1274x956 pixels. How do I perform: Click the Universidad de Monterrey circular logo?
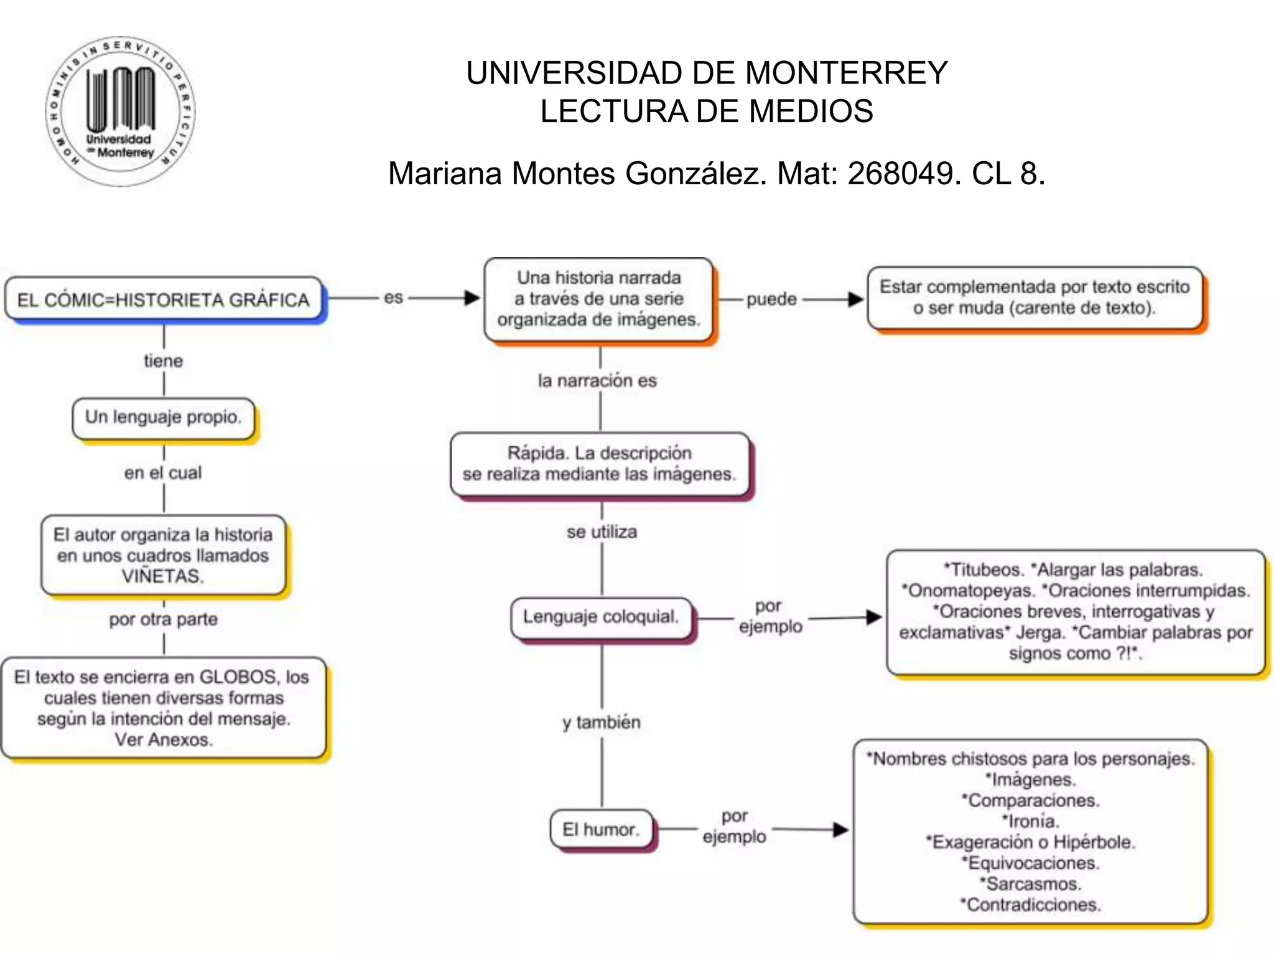(120, 111)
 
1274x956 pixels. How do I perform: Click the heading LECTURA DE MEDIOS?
(706, 111)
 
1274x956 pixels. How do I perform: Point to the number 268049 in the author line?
(900, 173)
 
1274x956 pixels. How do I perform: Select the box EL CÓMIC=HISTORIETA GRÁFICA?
(163, 299)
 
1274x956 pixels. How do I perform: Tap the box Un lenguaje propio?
(163, 417)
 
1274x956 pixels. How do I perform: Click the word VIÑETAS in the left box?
(163, 576)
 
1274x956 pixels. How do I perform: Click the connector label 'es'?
(393, 298)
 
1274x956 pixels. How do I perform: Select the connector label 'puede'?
(771, 299)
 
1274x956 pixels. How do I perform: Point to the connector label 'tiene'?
(163, 361)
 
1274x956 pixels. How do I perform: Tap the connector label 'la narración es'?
(597, 380)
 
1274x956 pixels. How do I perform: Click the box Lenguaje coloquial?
(601, 617)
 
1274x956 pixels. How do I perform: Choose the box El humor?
(601, 829)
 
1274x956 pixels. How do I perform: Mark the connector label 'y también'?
(602, 723)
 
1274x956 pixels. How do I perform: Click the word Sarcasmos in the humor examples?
(1033, 884)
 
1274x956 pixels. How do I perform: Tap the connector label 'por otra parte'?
(163, 619)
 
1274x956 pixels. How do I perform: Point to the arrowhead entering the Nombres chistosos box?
(841, 830)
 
